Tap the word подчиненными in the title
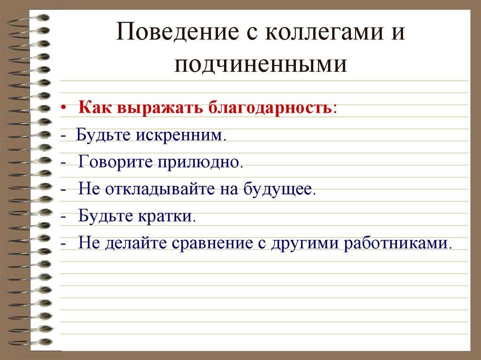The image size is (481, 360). [261, 64]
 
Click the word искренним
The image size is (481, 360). [180, 136]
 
